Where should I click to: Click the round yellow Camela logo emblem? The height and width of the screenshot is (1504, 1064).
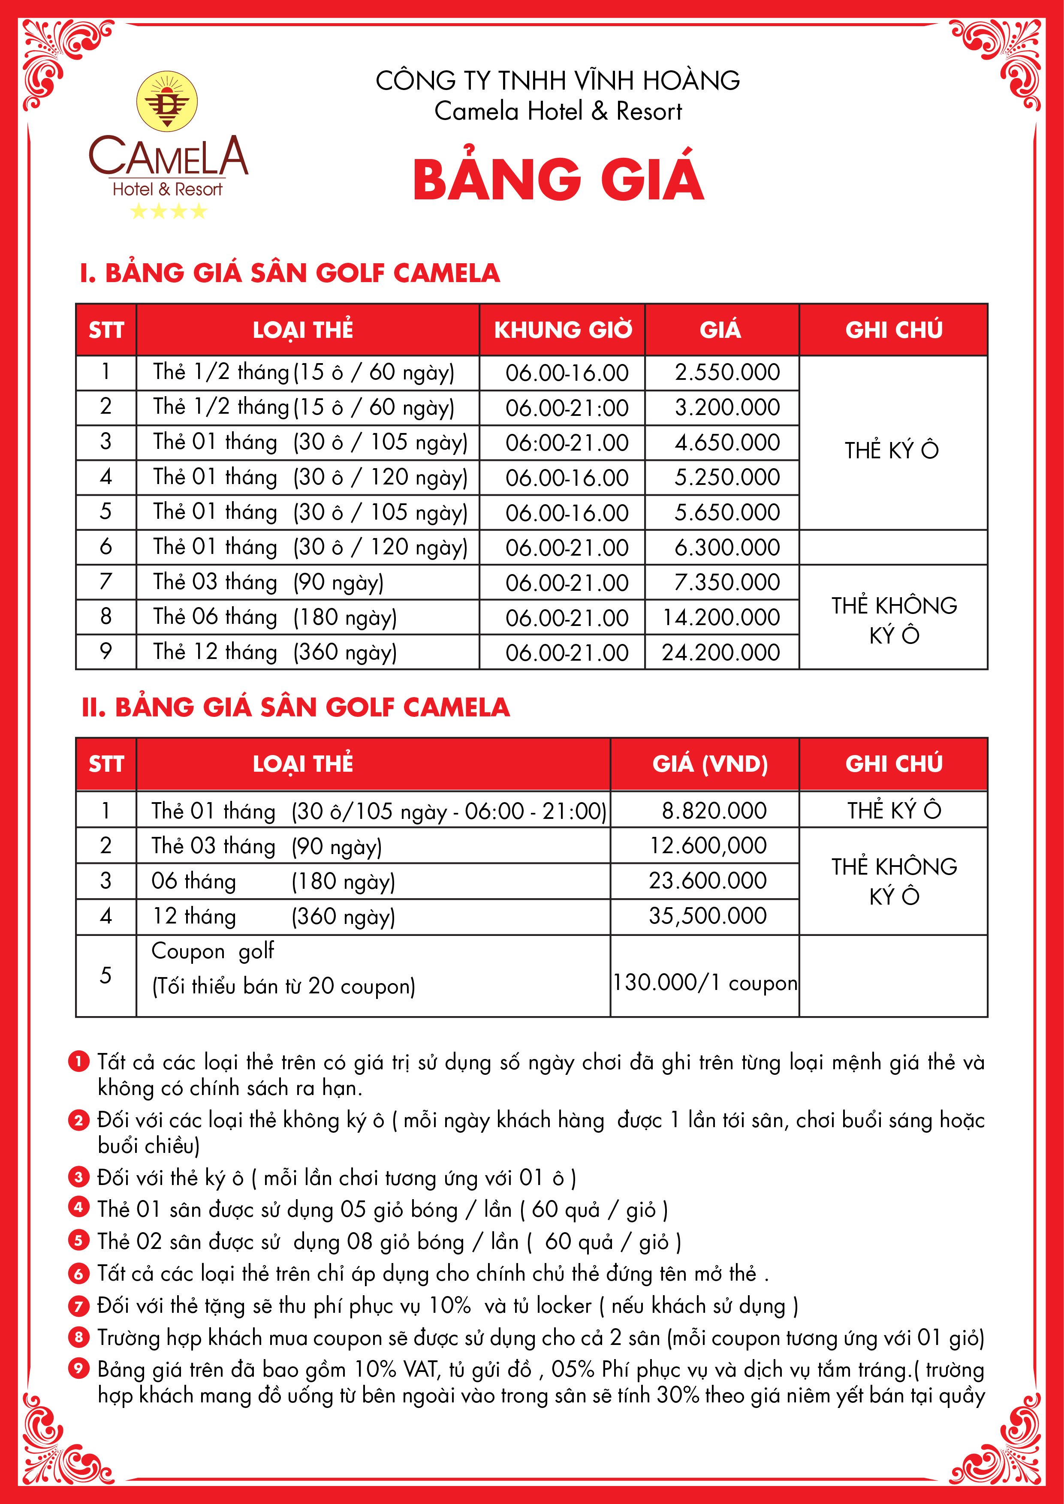point(167,101)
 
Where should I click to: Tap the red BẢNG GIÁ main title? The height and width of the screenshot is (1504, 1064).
point(558,179)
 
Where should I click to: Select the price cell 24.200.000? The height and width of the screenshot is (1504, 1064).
point(720,653)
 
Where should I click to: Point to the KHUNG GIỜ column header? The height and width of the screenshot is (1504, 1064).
point(563,330)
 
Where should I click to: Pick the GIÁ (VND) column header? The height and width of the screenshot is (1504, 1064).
point(710,764)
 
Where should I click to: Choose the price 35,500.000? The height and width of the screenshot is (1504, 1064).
point(708,916)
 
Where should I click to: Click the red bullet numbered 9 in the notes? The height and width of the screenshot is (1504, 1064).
point(78,1369)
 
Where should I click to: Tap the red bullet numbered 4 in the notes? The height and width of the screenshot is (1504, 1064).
point(78,1206)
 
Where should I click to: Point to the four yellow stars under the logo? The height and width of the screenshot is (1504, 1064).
point(169,211)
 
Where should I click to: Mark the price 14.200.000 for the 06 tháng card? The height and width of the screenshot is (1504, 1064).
point(720,617)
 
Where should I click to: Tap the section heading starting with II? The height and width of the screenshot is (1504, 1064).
point(295,707)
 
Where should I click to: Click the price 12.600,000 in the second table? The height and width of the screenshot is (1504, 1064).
point(708,845)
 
